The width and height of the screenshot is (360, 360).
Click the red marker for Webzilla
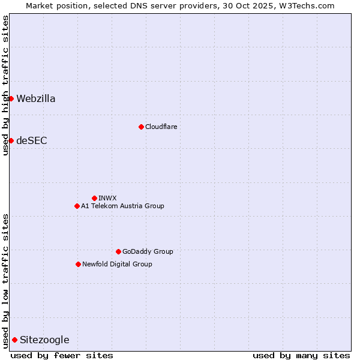(x=11, y=98)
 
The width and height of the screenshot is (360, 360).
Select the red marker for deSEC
(x=11, y=140)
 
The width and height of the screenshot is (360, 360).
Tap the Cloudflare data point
(x=141, y=127)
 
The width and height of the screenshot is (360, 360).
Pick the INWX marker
(x=94, y=198)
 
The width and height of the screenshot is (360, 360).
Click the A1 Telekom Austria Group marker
(x=77, y=206)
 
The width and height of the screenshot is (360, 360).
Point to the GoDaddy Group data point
(x=118, y=251)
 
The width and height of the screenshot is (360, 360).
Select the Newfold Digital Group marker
(x=78, y=264)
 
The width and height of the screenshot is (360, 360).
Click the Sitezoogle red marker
(x=14, y=340)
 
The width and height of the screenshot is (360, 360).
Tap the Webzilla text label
(x=36, y=99)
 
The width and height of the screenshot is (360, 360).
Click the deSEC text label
(x=32, y=141)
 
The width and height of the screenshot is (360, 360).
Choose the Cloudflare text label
(x=161, y=127)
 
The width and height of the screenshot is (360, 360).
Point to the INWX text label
(x=107, y=198)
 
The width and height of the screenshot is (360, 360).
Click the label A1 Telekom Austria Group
(x=122, y=206)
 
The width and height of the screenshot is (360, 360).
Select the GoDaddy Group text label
(x=148, y=251)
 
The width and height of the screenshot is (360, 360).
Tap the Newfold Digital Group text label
(x=117, y=264)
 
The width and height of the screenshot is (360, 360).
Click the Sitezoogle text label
(x=44, y=340)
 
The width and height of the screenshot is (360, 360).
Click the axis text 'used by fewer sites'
(x=62, y=355)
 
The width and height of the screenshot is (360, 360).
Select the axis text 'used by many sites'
(x=301, y=355)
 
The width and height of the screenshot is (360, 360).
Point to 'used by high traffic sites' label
(x=5, y=85)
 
